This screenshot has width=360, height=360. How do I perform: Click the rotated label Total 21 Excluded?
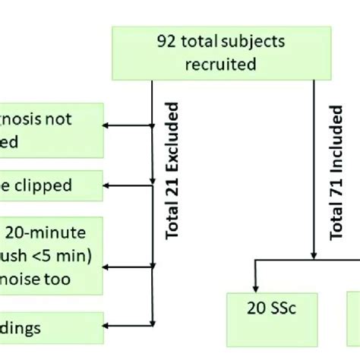pos(172,175)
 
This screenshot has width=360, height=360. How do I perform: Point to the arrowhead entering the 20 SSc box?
pos(258,288)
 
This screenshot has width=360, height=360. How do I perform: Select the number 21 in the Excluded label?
pos(172,189)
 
